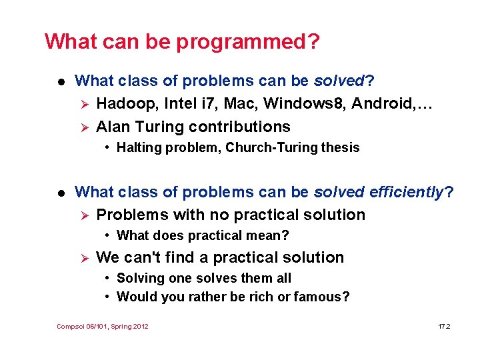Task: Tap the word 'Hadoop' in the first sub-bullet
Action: coord(122,103)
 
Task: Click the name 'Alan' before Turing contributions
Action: coord(113,127)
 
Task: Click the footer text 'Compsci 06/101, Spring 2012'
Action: coord(103,326)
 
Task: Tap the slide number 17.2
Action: coord(444,326)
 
